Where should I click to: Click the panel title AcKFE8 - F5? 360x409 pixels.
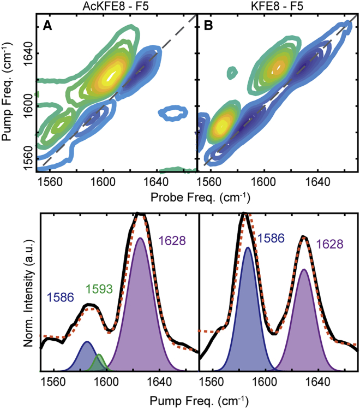coord(116,6)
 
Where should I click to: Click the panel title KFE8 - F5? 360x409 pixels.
coord(278,6)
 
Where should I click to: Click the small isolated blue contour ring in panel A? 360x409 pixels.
coord(175,114)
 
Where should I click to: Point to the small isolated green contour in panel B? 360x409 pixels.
coord(233,71)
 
